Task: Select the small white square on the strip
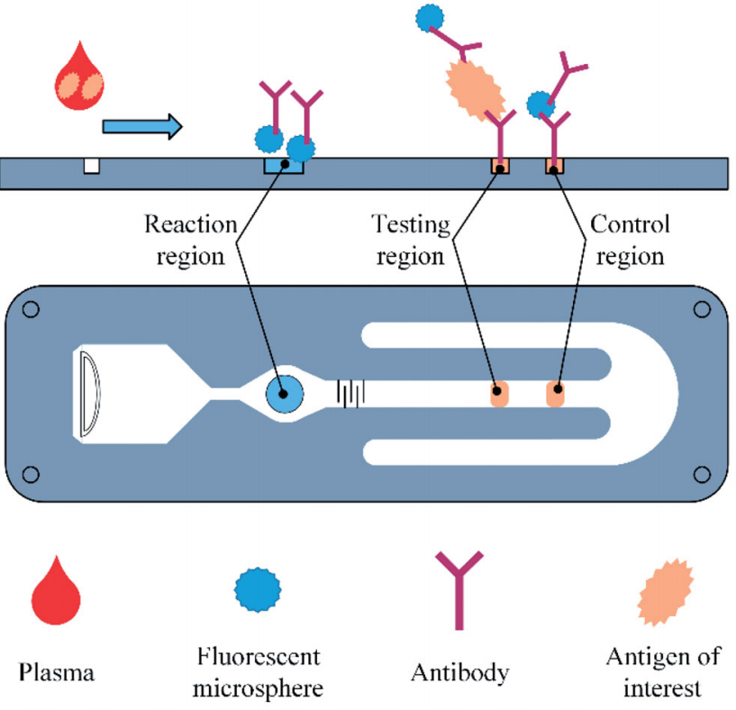[x=90, y=166]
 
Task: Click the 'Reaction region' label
[x=190, y=240]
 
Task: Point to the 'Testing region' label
[x=410, y=240]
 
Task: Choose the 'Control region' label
[x=629, y=240]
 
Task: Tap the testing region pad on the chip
[x=498, y=395]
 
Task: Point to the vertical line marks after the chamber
[x=350, y=394]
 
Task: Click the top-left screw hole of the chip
[x=31, y=310]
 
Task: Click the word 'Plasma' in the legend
[x=57, y=672]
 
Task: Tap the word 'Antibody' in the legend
[x=459, y=672]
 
